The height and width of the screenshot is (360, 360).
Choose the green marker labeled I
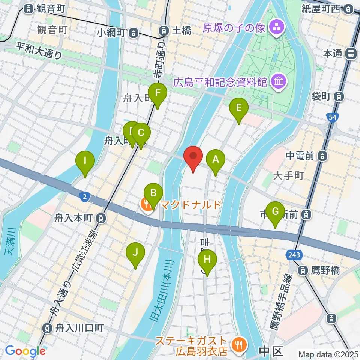point(85,163)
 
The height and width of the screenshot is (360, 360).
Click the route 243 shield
point(294,255)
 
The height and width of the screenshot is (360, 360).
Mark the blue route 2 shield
point(85,196)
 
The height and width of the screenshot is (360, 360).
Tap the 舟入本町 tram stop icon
point(100,217)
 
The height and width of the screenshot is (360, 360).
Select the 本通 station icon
point(351,54)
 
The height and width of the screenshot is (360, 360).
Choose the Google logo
point(25,351)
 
